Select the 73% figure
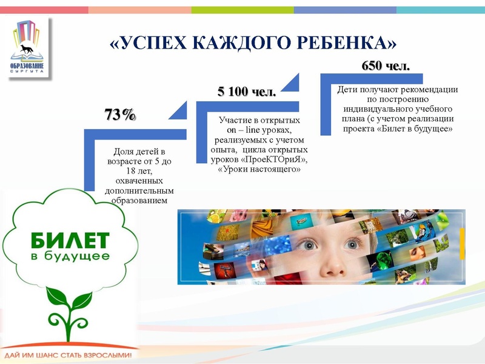(x=120, y=115)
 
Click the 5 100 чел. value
(x=247, y=92)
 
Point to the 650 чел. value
(x=386, y=66)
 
